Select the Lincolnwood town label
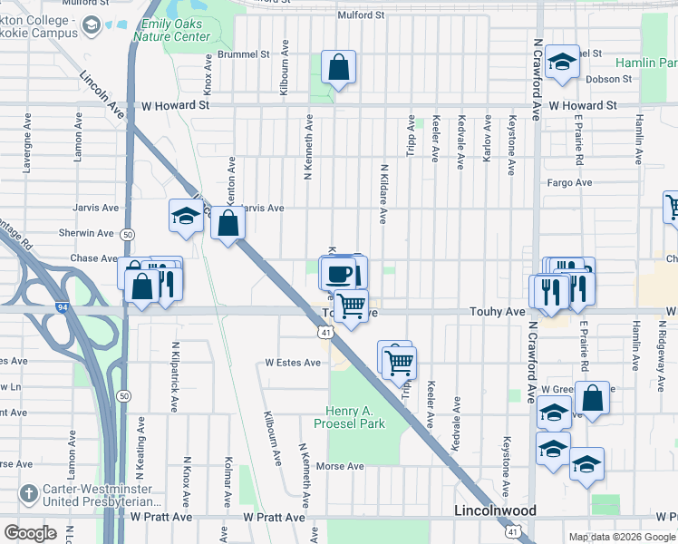click(x=494, y=511)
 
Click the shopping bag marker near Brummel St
click(x=338, y=67)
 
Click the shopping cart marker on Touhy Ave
click(x=352, y=306)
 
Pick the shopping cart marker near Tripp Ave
click(x=399, y=363)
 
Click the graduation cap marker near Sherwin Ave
click(x=186, y=217)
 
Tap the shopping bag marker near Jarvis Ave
click(x=228, y=223)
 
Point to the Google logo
click(x=30, y=533)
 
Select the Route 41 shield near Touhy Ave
click(x=325, y=334)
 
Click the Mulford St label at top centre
click(x=361, y=15)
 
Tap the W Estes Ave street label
click(x=293, y=363)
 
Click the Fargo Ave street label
click(x=570, y=182)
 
